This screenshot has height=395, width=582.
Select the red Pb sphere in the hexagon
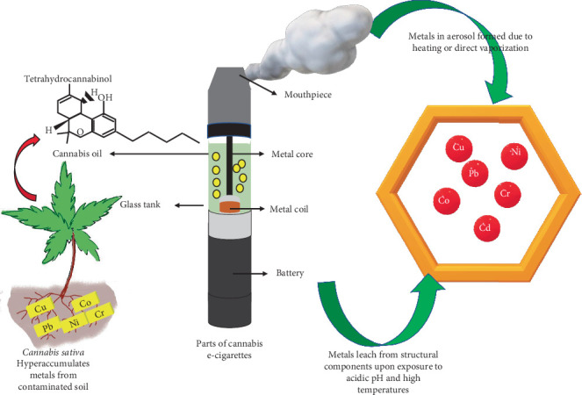pos(475,173)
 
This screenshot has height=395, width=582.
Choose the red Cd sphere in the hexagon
pos(485,227)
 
